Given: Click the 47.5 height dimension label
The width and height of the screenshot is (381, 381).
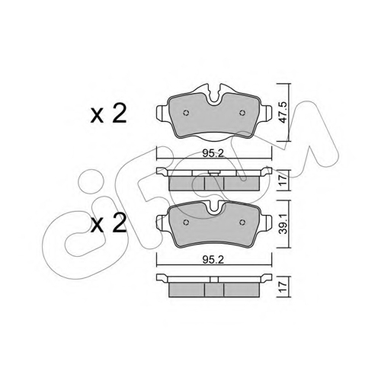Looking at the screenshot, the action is (x=283, y=112).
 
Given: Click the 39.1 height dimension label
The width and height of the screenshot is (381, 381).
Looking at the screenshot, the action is (x=283, y=223).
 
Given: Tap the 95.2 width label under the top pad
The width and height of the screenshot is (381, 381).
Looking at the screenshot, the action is (x=213, y=153).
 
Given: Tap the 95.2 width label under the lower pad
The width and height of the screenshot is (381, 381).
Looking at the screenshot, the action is (x=213, y=259).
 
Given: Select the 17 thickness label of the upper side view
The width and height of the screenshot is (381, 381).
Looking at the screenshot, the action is (x=283, y=180).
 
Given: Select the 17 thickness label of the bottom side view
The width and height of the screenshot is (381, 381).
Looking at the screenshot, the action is (x=283, y=287).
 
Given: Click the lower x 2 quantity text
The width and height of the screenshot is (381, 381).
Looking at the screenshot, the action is (x=108, y=223).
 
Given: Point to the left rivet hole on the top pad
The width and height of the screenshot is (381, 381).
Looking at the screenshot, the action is (x=186, y=113).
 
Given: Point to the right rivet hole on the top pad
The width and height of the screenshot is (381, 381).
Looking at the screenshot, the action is (x=242, y=113).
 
